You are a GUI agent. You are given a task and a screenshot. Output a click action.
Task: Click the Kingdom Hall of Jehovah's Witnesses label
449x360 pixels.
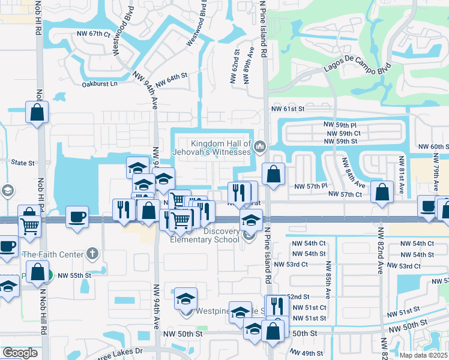[220, 148]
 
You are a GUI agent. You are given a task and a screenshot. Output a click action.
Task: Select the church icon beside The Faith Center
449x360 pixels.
[91, 254]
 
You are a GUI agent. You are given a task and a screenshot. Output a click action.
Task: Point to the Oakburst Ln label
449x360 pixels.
[100, 84]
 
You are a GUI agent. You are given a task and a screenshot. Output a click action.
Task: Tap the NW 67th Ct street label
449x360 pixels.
[94, 34]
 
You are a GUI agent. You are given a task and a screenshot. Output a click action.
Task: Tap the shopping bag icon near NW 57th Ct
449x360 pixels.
[382, 193]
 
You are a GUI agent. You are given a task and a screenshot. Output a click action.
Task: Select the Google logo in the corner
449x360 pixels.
[20, 353]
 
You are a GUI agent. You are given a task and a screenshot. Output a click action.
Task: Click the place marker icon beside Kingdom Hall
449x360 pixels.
[260, 146]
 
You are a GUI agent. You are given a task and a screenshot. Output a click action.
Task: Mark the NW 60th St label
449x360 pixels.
[433, 146]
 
